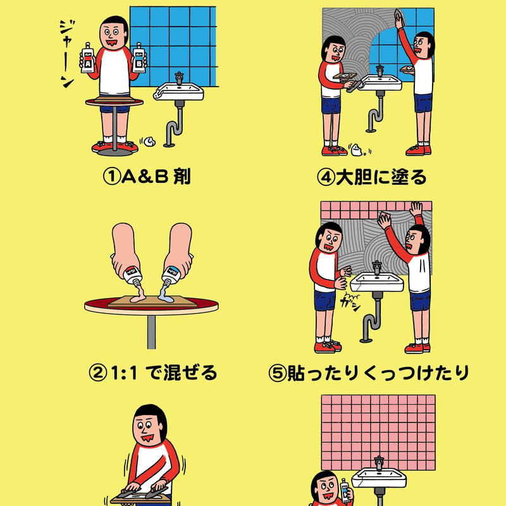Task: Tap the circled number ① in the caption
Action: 112,177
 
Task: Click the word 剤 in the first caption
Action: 182,177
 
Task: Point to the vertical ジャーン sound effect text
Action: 67,54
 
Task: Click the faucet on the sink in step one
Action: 179,78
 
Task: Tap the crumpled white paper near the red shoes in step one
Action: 149,141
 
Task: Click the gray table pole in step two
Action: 151,331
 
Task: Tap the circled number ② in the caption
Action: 97,373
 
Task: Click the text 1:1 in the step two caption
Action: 124,373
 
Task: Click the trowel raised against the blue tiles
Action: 399,16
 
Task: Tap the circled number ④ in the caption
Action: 326,177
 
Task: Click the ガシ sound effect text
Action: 350,304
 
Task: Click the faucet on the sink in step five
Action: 376,268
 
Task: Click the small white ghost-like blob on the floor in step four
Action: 357,150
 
